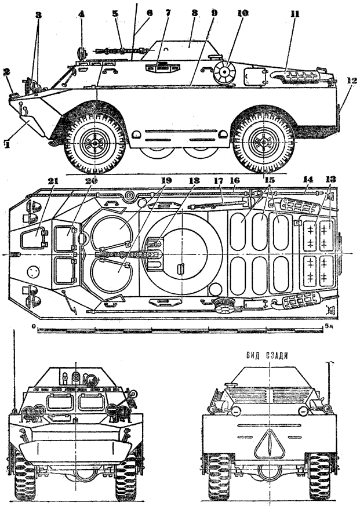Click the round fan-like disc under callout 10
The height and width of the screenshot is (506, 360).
tap(224, 74)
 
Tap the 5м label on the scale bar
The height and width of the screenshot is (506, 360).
tap(329, 327)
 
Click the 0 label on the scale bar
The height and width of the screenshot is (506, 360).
tap(35, 327)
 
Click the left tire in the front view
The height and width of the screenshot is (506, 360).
tap(25, 476)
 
